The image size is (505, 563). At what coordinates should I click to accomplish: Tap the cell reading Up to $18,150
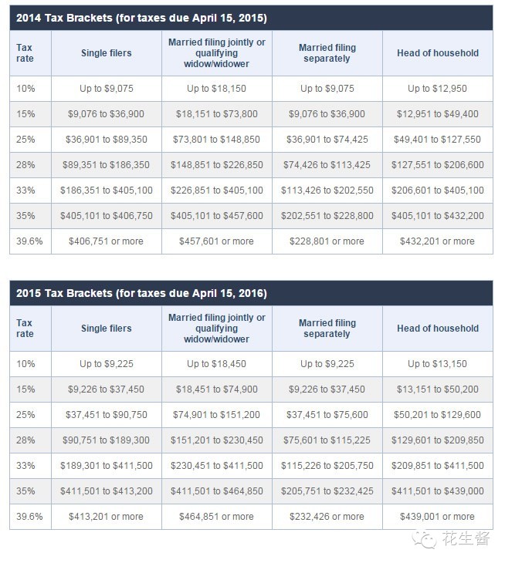[216, 89]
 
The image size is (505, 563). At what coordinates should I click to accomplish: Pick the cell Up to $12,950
[437, 89]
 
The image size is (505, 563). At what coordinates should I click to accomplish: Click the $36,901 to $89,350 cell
[106, 140]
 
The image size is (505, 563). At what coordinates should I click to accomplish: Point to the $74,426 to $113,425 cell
[327, 165]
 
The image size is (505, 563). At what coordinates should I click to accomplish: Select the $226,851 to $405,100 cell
[216, 190]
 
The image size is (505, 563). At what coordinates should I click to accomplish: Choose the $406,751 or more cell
[106, 241]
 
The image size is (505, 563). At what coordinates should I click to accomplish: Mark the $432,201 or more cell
[437, 241]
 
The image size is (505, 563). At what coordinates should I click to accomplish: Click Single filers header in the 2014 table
[106, 53]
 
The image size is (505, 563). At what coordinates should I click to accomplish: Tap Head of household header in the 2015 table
[437, 329]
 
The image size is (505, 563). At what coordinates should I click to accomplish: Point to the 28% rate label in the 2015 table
[25, 440]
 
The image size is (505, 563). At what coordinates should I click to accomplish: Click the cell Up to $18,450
[216, 364]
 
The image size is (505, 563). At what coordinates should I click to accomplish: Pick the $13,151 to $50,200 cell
[437, 389]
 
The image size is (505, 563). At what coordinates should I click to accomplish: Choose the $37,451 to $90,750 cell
[106, 415]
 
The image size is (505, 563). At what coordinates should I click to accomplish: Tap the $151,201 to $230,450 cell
[216, 440]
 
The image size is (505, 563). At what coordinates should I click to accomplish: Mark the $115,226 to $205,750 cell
[327, 466]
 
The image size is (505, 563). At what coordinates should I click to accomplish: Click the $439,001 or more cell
[437, 517]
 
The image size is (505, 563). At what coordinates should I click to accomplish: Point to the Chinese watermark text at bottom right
[466, 539]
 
